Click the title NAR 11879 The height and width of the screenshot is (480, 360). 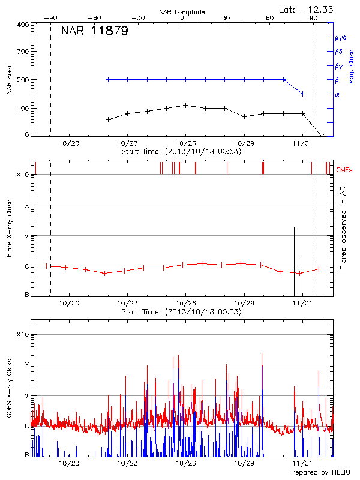pyautogui.click(x=94, y=31)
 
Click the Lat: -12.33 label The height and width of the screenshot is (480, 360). pyautogui.click(x=307, y=9)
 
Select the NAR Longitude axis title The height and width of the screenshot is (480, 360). pyautogui.click(x=182, y=12)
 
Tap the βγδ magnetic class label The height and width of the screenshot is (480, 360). pyautogui.click(x=340, y=37)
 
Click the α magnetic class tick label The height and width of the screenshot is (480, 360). pyautogui.click(x=337, y=94)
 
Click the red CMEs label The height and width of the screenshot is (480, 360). pyautogui.click(x=344, y=170)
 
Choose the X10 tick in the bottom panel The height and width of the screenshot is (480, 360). pyautogui.click(x=23, y=334)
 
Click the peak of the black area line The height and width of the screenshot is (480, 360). pyautogui.click(x=185, y=105)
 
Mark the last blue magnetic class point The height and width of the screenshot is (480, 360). pyautogui.click(x=303, y=94)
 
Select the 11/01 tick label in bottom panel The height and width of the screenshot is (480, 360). pyautogui.click(x=303, y=464)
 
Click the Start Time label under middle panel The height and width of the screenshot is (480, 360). pyautogui.click(x=181, y=312)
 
